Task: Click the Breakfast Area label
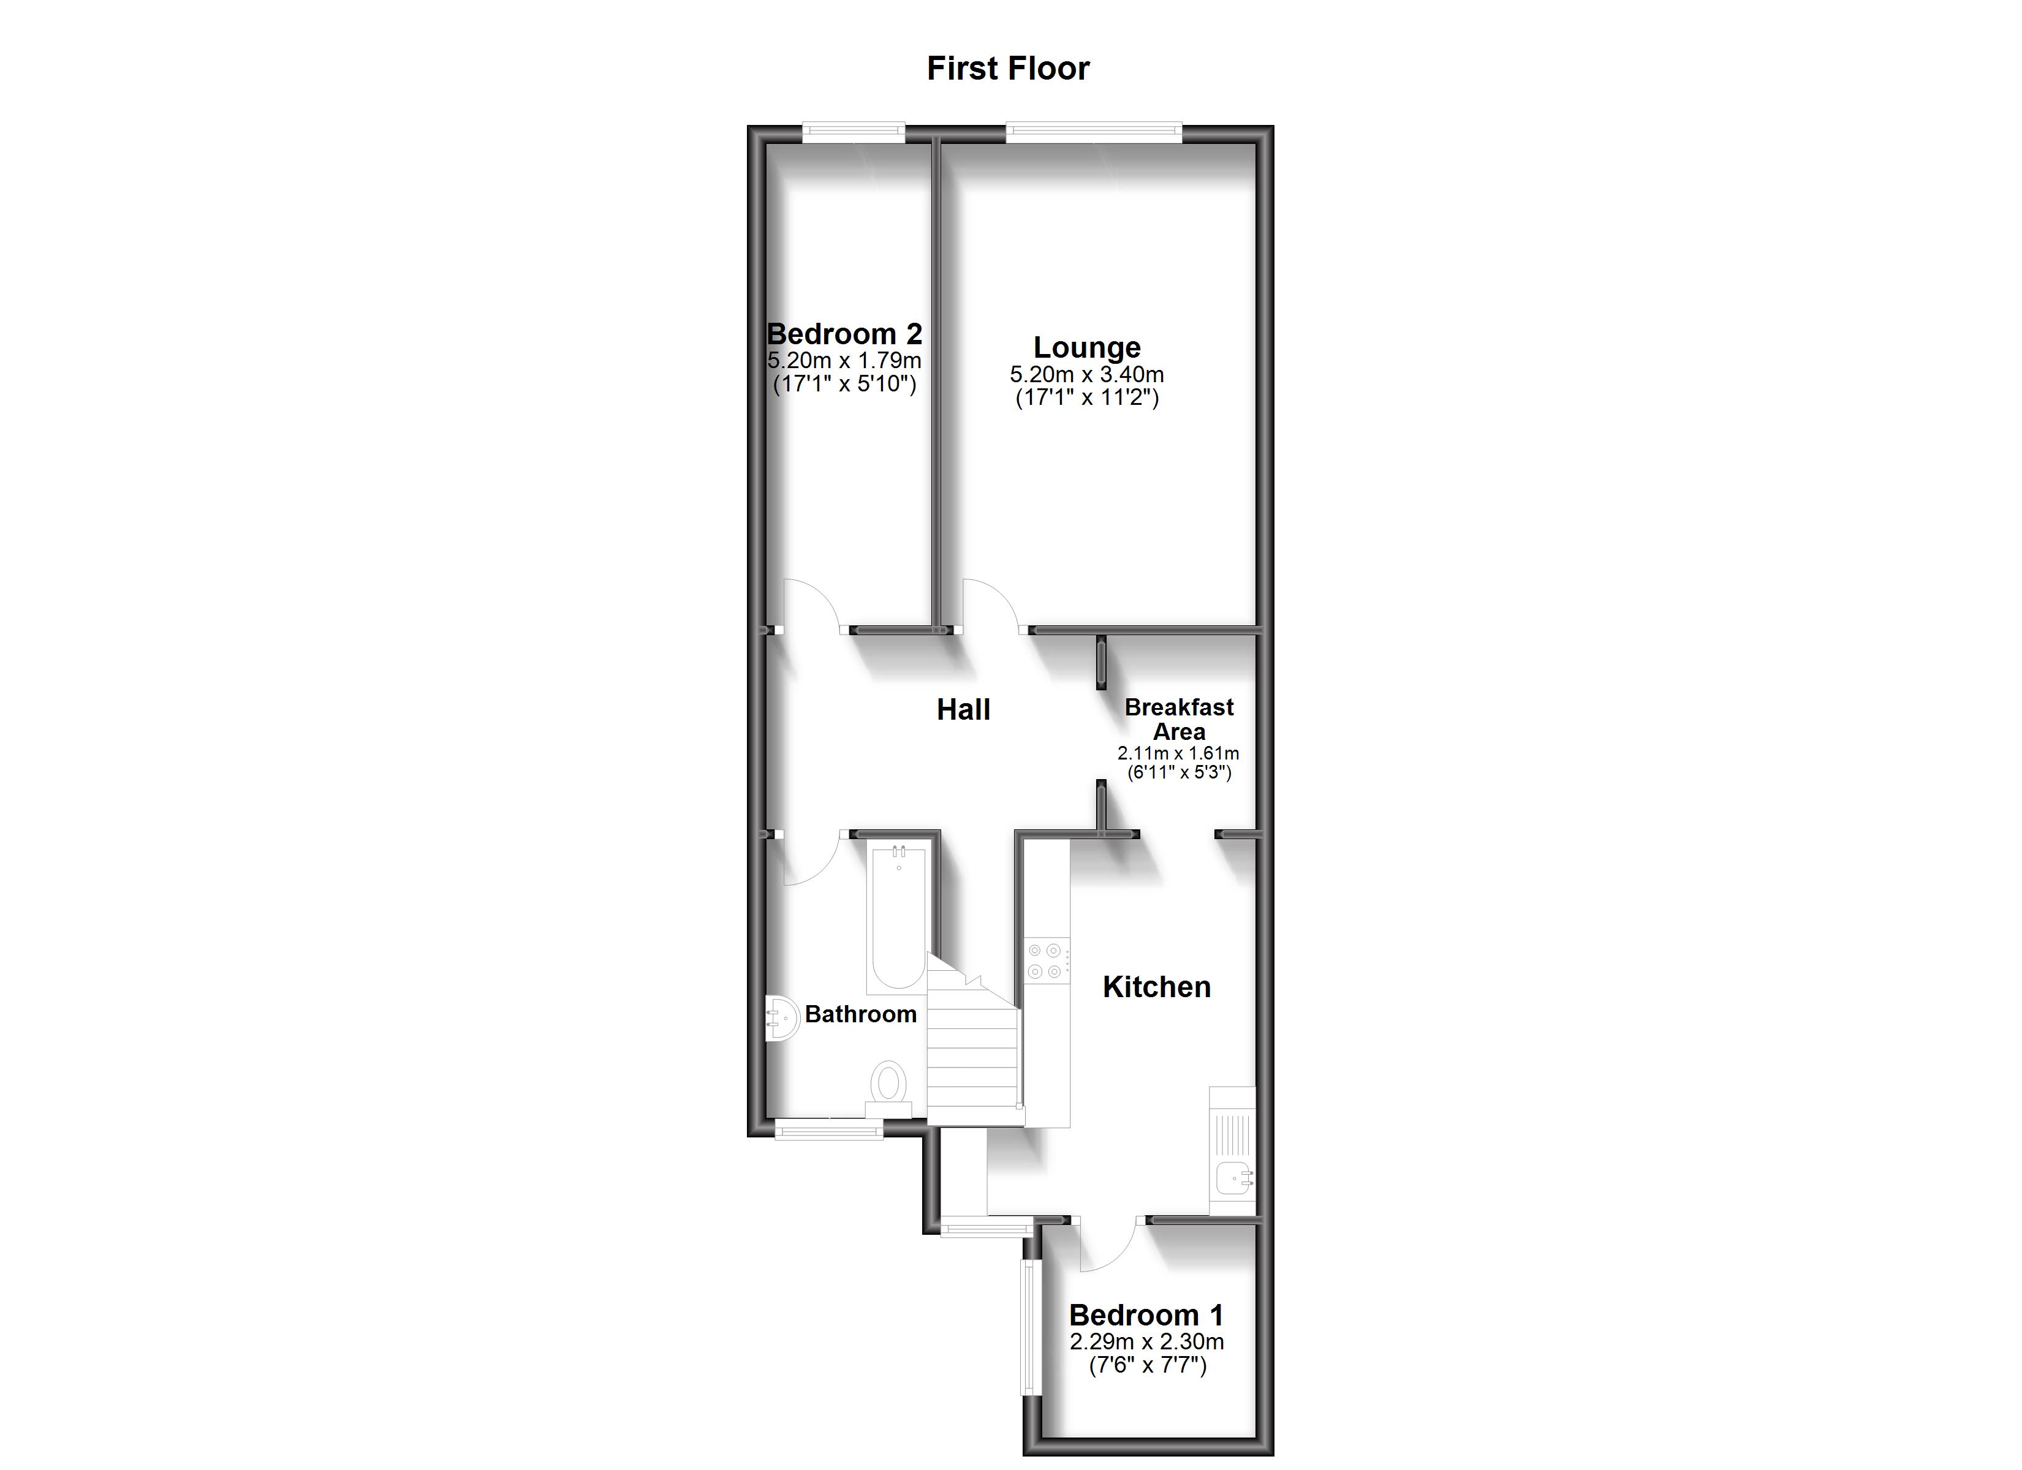[x=1179, y=720]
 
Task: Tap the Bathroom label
[x=860, y=1014]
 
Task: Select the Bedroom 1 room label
[x=1146, y=1315]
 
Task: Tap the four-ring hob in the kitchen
[x=1046, y=961]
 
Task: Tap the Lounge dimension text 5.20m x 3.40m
[x=1087, y=375]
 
